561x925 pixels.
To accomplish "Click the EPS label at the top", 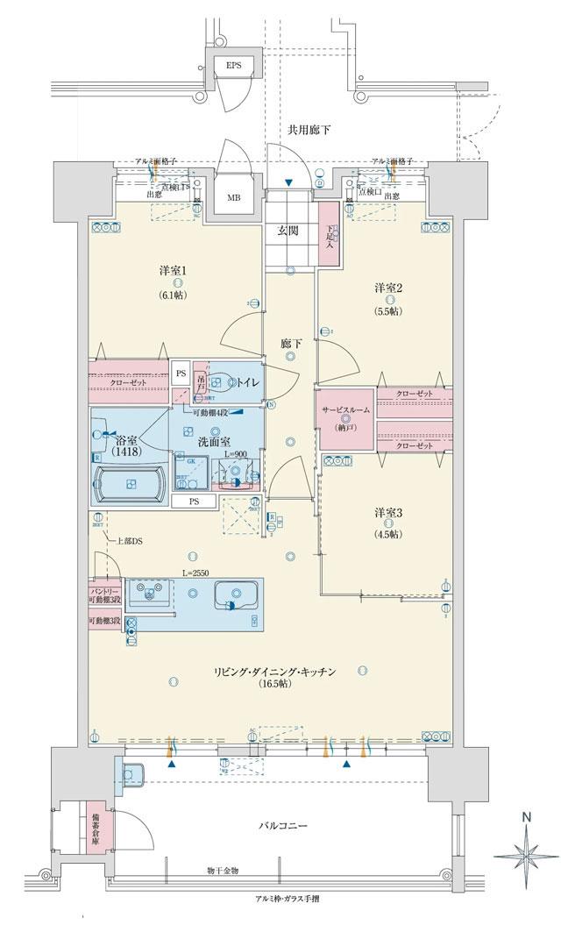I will [x=233, y=66].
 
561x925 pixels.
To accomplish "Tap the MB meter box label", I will [x=234, y=198].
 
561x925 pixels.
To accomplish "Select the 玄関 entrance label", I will [x=290, y=231].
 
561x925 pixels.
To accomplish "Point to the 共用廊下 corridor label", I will [x=309, y=130].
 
